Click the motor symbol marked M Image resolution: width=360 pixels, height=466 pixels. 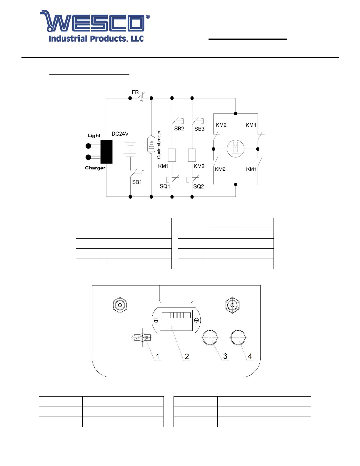click(x=235, y=149)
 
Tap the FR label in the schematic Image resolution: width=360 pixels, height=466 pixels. click(x=135, y=92)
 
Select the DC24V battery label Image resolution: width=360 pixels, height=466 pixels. click(x=120, y=134)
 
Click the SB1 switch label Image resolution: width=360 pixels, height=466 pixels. click(x=137, y=182)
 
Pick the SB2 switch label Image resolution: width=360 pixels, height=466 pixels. click(x=179, y=129)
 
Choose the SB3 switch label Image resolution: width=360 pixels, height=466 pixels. click(x=199, y=129)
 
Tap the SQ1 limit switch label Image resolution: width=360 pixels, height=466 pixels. click(x=165, y=187)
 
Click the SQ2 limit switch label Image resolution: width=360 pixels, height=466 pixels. click(x=199, y=187)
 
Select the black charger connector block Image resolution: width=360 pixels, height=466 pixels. click(x=106, y=152)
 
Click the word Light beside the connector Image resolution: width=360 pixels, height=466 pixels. click(x=94, y=136)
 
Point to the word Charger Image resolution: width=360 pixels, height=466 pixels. click(x=95, y=168)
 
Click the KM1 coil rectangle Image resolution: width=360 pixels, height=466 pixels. click(x=172, y=155)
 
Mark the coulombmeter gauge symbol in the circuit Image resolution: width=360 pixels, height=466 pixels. click(x=151, y=145)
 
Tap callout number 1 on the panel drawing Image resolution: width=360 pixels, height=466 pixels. click(x=157, y=357)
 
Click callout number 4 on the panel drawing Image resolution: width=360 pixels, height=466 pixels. click(x=250, y=356)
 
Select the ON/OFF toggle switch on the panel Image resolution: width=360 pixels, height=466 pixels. click(x=141, y=337)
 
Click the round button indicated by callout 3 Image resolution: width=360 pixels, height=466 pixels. click(x=210, y=337)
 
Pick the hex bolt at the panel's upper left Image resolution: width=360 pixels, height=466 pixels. click(x=120, y=305)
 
